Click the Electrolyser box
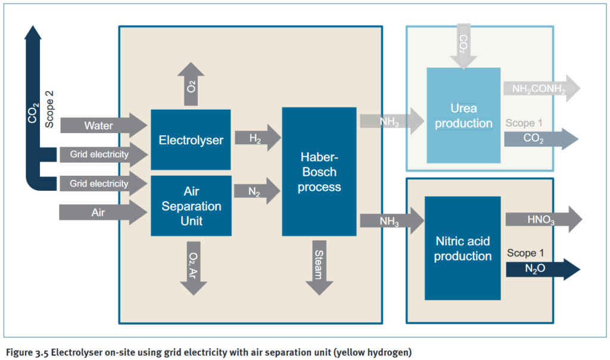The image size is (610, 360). tap(191, 140)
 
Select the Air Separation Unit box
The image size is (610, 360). tap(191, 206)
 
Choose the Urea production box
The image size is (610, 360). tap(463, 116)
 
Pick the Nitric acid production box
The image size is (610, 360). tap(462, 247)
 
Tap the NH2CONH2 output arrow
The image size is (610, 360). tap(539, 89)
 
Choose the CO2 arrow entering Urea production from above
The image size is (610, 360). tap(463, 45)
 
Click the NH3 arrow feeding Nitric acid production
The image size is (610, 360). tap(390, 221)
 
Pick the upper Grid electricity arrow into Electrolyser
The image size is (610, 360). tap(101, 155)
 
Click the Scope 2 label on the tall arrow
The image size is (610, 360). tap(49, 107)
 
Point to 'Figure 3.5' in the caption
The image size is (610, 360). tap(27, 353)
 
